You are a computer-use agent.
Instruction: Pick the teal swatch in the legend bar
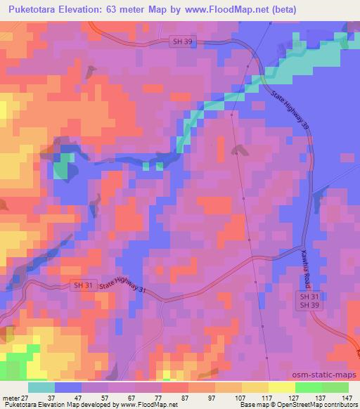click(x=41, y=387)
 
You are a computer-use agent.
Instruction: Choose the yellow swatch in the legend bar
click(x=255, y=387)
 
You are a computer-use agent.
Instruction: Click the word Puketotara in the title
click(x=32, y=9)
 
